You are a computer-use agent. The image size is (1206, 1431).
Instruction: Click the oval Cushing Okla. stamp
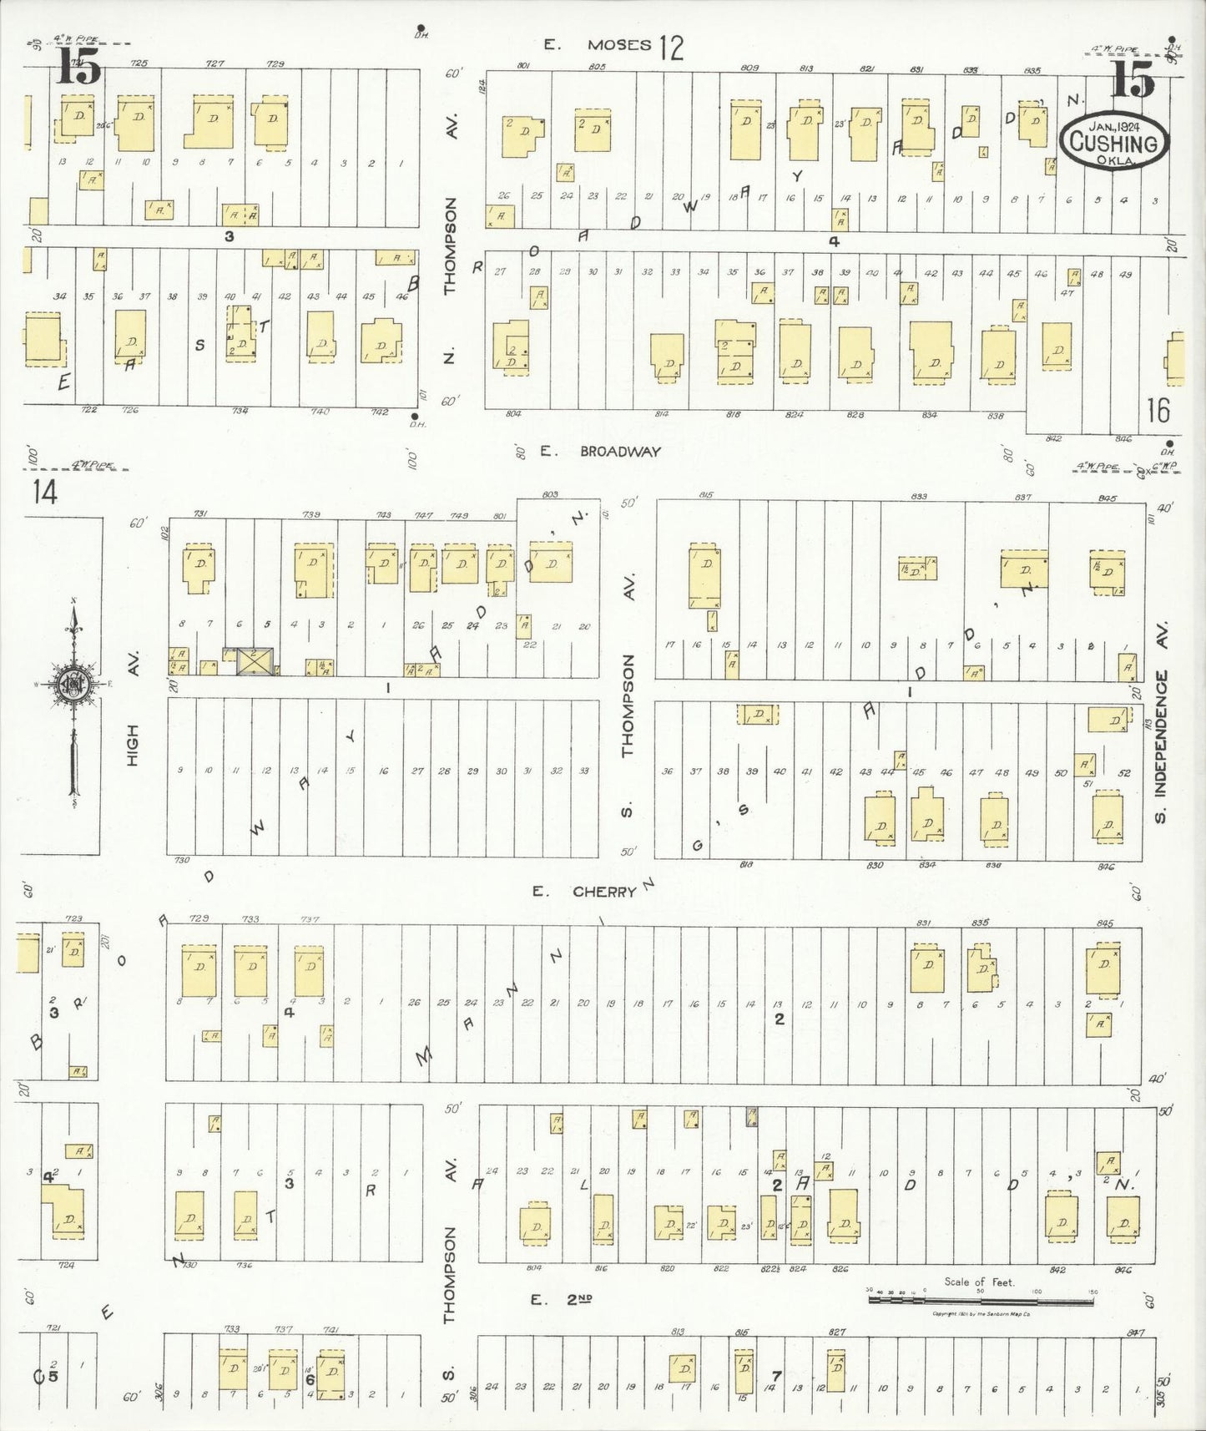[1114, 144]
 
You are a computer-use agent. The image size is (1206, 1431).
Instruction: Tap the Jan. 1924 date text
[1114, 126]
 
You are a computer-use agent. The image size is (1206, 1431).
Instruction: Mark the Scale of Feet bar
[981, 1301]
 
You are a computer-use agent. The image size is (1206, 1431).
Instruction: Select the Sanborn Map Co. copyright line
[981, 1314]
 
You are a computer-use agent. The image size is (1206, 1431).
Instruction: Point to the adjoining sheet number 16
[1158, 410]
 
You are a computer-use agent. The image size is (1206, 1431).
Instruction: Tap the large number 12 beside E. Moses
[670, 48]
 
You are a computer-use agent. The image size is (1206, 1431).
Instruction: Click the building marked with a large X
[254, 661]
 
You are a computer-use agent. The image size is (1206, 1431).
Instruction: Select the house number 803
[550, 495]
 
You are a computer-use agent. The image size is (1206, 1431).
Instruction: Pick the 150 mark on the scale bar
[1092, 1292]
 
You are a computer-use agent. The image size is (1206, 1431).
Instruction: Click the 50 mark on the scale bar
[981, 1292]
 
